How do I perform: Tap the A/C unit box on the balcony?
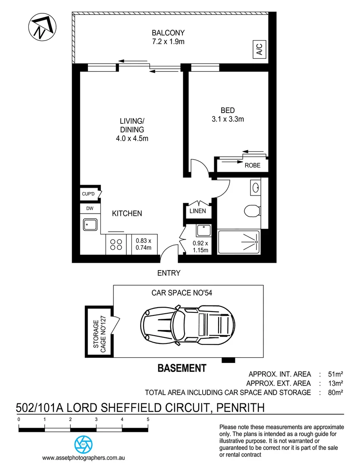point(259,50)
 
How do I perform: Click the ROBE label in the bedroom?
point(252,165)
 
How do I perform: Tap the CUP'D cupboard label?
point(88,194)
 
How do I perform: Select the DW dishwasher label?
point(90,208)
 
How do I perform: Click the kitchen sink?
point(91,224)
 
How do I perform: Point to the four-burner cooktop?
point(116,245)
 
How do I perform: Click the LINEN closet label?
point(198,211)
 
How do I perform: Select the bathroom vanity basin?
point(255,188)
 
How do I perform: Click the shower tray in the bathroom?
point(239,242)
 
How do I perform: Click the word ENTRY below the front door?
point(169,273)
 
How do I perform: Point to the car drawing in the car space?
point(187,322)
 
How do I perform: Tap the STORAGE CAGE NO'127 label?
point(99,332)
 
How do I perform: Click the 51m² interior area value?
point(335,374)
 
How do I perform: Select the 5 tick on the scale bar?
point(148,419)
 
